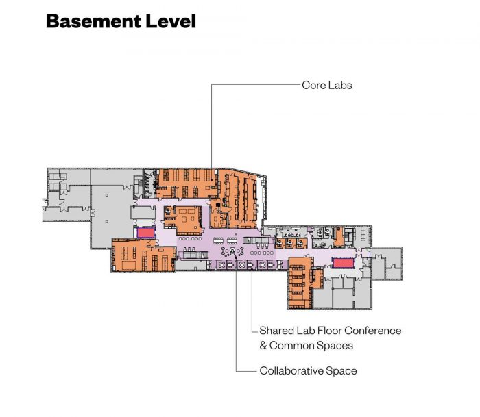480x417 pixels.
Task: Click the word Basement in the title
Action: pyautogui.click(x=94, y=21)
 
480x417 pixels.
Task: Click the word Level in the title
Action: pyautogui.click(x=171, y=21)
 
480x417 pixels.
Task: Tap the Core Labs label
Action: pyautogui.click(x=326, y=85)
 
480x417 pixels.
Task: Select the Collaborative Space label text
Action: pyautogui.click(x=308, y=371)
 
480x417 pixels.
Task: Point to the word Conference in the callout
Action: pyautogui.click(x=372, y=331)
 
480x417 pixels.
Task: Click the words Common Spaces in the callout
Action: pyautogui.click(x=311, y=346)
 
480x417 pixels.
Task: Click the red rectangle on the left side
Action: pyautogui.click(x=145, y=233)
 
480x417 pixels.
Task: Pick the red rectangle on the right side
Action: pyautogui.click(x=343, y=263)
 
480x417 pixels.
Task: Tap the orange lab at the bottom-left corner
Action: pyautogui.click(x=143, y=256)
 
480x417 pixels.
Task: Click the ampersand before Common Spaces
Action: pyautogui.click(x=263, y=346)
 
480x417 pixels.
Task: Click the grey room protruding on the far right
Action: pyautogui.click(x=387, y=263)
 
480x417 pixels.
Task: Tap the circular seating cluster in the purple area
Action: pyautogui.click(x=232, y=252)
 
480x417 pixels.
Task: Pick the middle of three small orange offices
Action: pyautogui.click(x=291, y=243)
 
